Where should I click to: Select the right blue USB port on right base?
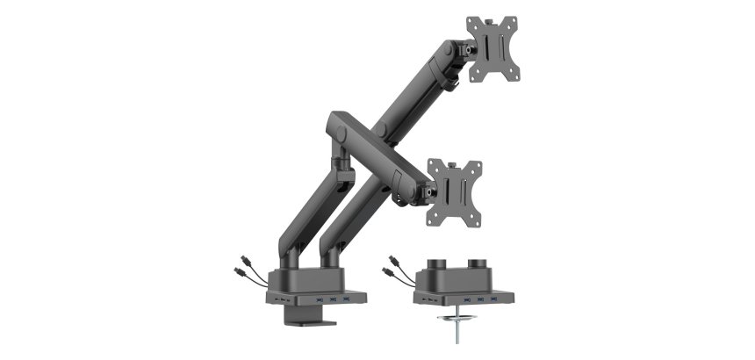point(481,300)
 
